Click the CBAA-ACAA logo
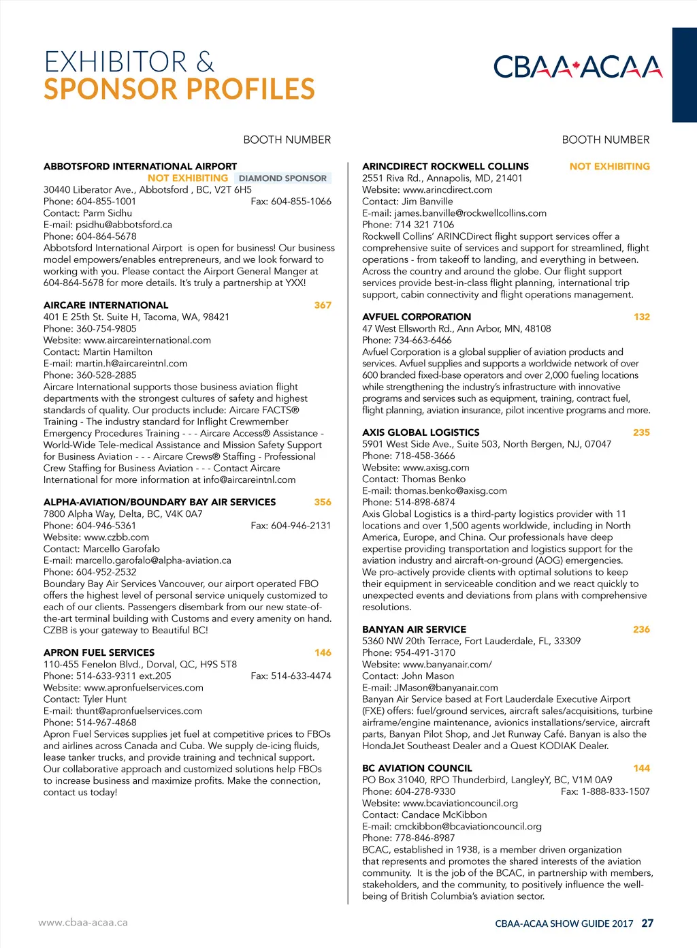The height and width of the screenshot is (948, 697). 577,67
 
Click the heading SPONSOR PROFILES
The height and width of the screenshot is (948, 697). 179,89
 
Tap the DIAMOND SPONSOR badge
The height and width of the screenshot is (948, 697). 282,178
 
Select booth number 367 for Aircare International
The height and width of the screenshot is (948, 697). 323,305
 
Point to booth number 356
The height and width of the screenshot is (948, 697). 323,502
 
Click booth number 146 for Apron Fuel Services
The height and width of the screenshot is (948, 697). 323,652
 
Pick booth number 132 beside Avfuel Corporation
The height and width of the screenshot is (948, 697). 641,317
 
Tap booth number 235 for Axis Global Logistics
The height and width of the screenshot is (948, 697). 641,432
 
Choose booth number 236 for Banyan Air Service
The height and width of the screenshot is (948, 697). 641,629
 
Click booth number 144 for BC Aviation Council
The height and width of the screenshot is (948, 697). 641,768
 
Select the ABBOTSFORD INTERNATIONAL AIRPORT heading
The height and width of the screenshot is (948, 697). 140,166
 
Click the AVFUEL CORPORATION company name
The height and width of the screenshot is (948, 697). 417,317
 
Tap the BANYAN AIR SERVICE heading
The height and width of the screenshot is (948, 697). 414,629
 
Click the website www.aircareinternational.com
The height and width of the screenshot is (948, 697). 147,341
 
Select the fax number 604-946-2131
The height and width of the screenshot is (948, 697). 301,526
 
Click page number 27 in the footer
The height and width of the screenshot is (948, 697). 647,923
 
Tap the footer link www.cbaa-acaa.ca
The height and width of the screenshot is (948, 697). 83,923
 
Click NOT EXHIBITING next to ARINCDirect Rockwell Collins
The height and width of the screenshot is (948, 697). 609,166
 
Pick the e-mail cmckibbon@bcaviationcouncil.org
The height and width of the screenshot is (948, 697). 468,827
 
